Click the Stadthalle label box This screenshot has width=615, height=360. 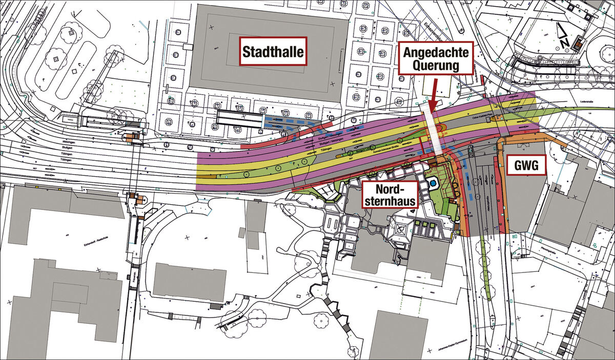click(273, 51)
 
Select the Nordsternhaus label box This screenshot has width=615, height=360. click(390, 194)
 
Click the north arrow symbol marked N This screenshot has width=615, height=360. click(564, 38)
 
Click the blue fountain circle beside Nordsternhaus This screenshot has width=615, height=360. click(434, 182)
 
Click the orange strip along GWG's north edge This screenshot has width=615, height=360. click(528, 139)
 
